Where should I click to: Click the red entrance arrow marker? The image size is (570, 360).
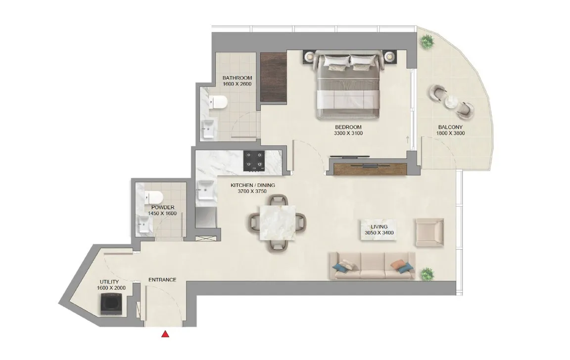(x=165, y=334)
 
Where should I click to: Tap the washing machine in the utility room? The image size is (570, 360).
(x=109, y=304)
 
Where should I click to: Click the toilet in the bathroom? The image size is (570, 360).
(x=217, y=102)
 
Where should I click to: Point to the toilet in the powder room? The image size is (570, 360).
(x=150, y=196)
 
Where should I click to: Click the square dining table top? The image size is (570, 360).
(x=277, y=223)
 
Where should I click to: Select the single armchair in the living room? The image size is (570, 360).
(x=428, y=232)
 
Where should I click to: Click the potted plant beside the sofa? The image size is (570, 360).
(x=426, y=273)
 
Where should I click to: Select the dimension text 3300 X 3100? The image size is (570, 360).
(x=348, y=133)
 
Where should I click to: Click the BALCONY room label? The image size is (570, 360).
(x=450, y=127)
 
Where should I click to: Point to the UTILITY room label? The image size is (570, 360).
(x=109, y=282)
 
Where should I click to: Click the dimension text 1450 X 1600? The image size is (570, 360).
(x=162, y=214)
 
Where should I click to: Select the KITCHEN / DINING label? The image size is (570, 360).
(x=253, y=185)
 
